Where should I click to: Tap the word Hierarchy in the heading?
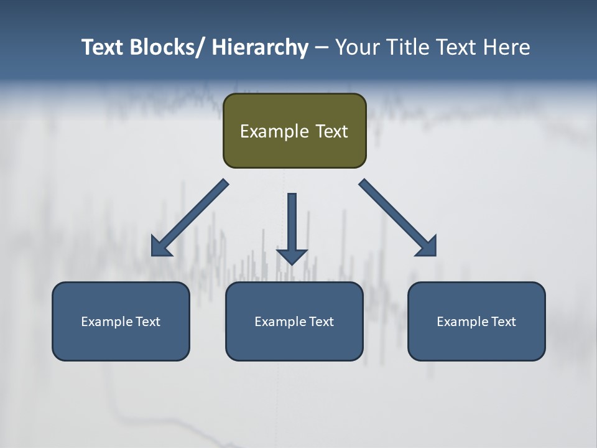(x=260, y=47)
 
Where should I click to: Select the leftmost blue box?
(x=121, y=342)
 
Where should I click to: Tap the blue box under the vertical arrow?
(x=294, y=342)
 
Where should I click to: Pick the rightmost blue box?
(x=476, y=342)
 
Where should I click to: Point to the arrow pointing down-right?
(x=398, y=218)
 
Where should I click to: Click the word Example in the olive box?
(x=266, y=131)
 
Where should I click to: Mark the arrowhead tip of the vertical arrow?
(x=292, y=264)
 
